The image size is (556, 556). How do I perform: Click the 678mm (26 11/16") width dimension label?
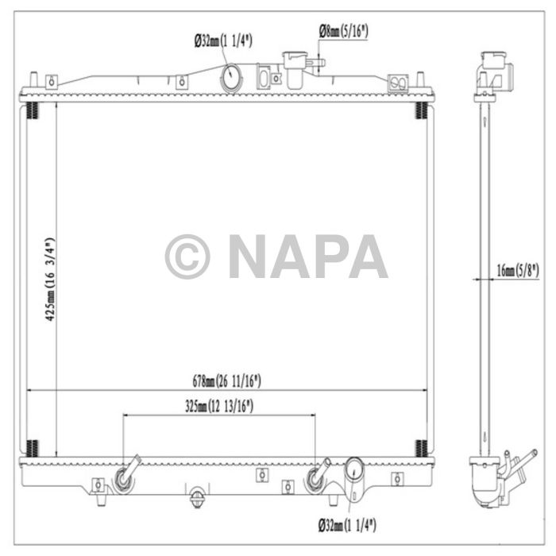coord(226,381)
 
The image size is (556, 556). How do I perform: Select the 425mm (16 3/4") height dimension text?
coord(49,278)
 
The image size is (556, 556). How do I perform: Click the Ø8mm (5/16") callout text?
coord(344,31)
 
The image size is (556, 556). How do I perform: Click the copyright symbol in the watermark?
coord(187,257)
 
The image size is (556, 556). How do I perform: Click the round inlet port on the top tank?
coord(231,78)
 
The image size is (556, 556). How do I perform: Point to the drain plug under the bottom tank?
coord(197,499)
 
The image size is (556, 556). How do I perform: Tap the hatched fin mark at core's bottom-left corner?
coord(32,448)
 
